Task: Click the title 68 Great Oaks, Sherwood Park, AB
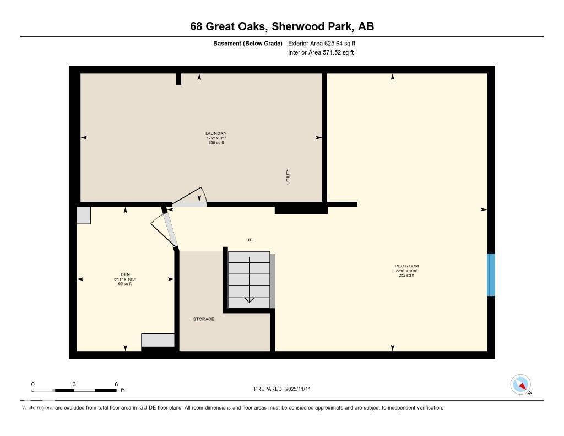pyautogui.click(x=282, y=26)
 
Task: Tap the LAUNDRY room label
pyautogui.click(x=216, y=133)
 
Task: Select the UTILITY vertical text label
pyautogui.click(x=288, y=176)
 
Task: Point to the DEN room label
pyautogui.click(x=125, y=274)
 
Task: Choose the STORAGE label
pyautogui.click(x=203, y=319)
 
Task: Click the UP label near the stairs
pyautogui.click(x=249, y=240)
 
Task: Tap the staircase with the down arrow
pyautogui.click(x=250, y=279)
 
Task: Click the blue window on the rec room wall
pyautogui.click(x=491, y=274)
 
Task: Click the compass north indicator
pyautogui.click(x=520, y=385)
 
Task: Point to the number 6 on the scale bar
pyautogui.click(x=116, y=384)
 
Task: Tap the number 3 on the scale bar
pyautogui.click(x=74, y=384)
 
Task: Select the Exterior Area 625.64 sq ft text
pyautogui.click(x=326, y=43)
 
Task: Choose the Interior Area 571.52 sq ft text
pyautogui.click(x=321, y=53)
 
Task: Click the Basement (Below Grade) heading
pyautogui.click(x=248, y=43)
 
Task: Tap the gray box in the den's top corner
pyautogui.click(x=84, y=215)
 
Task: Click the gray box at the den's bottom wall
pyautogui.click(x=158, y=340)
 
